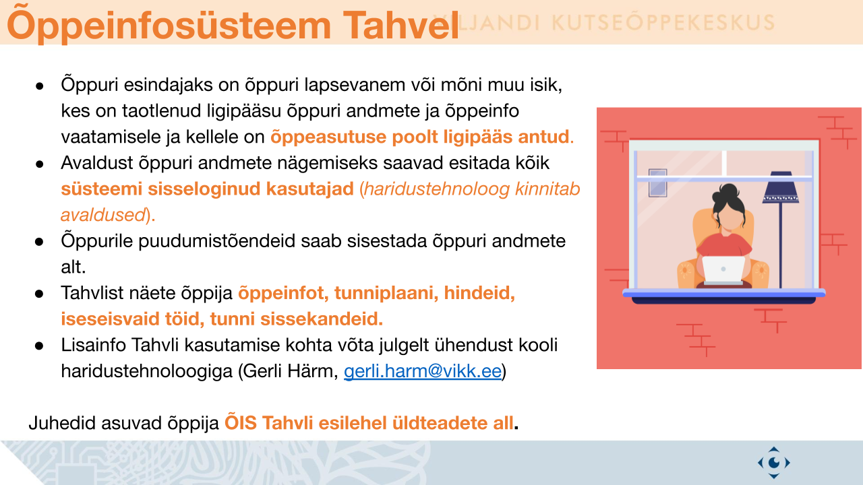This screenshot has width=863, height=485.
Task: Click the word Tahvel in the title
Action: point(400,26)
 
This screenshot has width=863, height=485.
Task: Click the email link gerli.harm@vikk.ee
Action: point(423,371)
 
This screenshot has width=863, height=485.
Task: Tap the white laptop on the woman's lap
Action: point(723,270)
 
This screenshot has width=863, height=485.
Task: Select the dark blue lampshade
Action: point(781,187)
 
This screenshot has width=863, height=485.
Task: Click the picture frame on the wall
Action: point(657,183)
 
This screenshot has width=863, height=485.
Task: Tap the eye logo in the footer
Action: point(773,462)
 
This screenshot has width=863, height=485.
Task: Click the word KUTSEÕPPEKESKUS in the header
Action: point(663,23)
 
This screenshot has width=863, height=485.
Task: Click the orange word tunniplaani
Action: point(386,293)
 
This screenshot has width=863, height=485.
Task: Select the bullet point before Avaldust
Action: point(39,164)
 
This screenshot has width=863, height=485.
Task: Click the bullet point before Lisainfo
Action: point(39,346)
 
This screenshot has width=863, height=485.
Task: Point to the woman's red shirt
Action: point(724,245)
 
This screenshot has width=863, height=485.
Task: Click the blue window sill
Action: point(724,294)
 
